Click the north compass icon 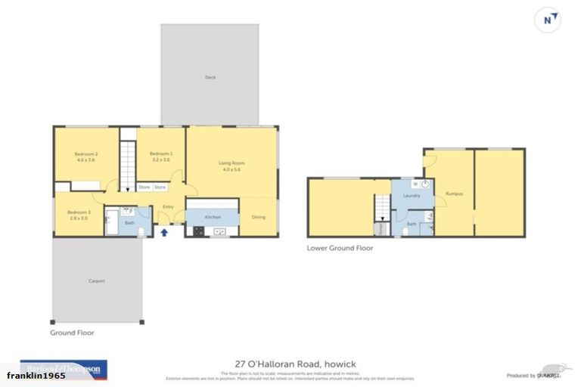[548, 20]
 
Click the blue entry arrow [164, 232]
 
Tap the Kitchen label [213, 217]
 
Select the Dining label [258, 217]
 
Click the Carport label [96, 281]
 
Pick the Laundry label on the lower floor [412, 197]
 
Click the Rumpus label [454, 194]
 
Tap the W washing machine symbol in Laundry [415, 184]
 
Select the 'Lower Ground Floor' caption [340, 248]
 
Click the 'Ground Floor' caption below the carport [72, 332]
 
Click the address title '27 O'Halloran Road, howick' [290, 364]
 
